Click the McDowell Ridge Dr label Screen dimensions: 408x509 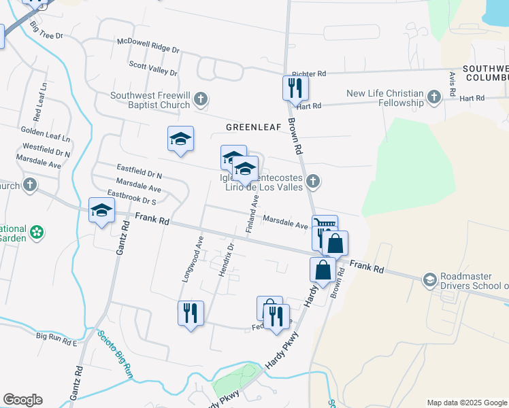(148, 50)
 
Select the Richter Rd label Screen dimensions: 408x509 (309, 73)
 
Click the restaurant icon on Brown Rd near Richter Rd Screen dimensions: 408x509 (295, 87)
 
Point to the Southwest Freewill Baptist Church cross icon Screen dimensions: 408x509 (200, 99)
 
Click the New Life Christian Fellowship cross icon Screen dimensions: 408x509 (434, 98)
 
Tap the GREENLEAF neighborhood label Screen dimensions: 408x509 (252, 127)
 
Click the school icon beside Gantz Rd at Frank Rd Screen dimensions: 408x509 (101, 211)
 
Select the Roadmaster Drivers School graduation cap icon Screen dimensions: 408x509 (429, 279)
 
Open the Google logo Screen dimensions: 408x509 (22, 400)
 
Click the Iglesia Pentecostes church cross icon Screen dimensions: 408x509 (312, 181)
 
